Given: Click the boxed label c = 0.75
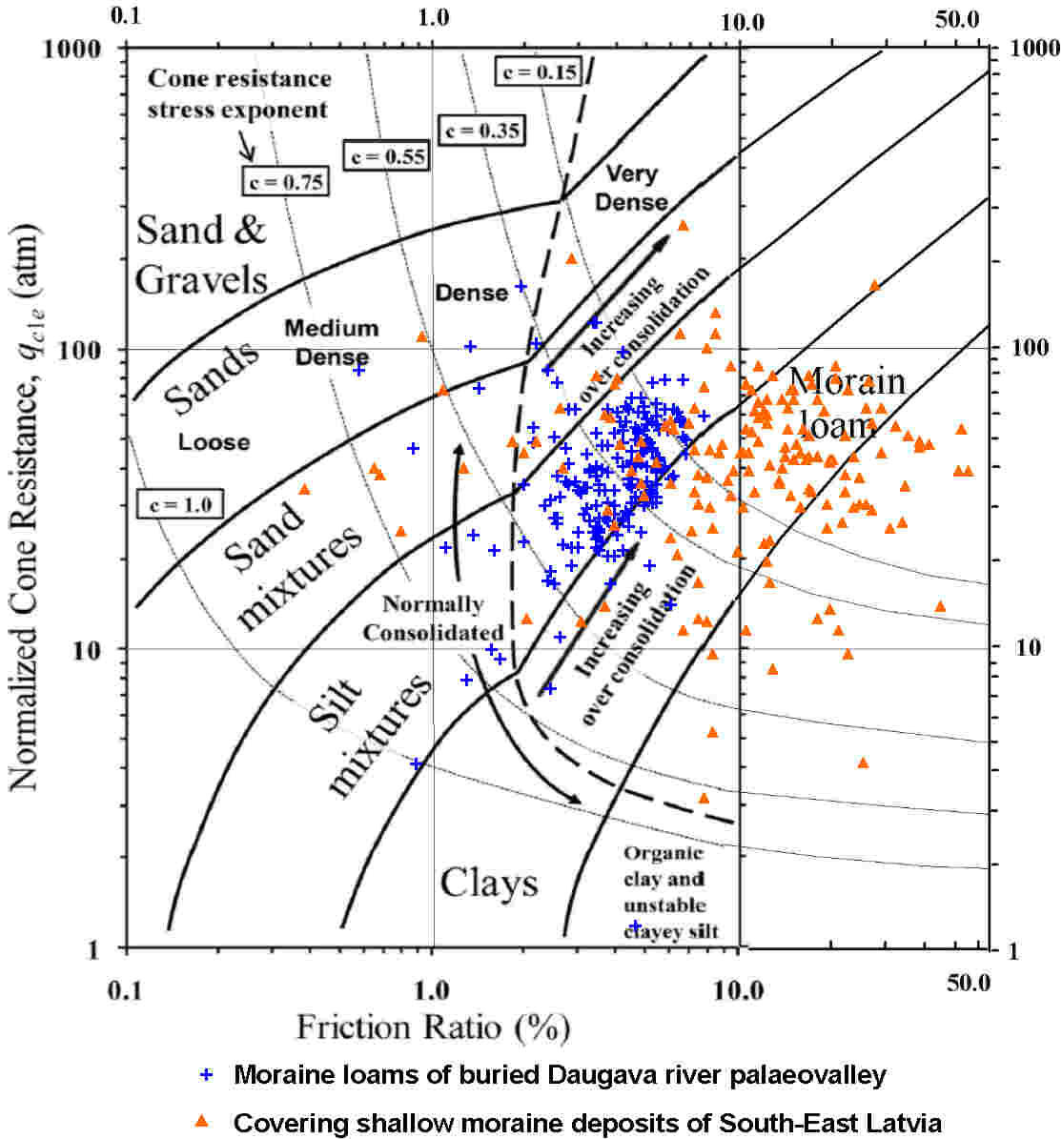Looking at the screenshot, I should (284, 181).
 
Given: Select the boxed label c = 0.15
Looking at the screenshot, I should (538, 71).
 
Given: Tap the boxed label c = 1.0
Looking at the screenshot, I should (179, 502).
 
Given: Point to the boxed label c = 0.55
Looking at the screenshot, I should (384, 155).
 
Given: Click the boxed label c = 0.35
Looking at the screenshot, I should (480, 130).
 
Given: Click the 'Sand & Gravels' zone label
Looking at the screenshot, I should (201, 254).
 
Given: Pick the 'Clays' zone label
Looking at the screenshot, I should (488, 884).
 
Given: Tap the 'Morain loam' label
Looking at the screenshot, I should (846, 401).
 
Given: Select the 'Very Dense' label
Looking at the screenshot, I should (636, 188).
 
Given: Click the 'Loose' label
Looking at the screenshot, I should (214, 442).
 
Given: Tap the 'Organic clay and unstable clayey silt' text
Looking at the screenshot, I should (664, 892).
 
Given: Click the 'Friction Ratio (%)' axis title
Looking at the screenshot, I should (433, 1027).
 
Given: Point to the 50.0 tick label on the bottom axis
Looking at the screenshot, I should (970, 983).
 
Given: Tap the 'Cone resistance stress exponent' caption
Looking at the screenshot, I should (238, 93).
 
